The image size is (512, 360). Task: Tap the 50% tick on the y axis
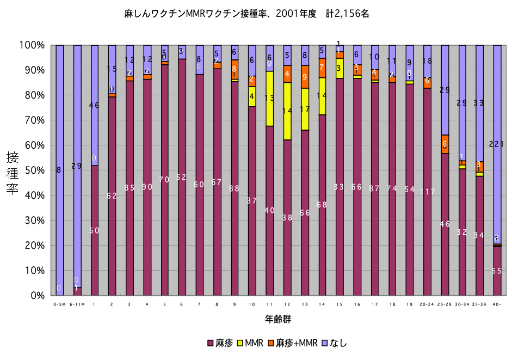33,170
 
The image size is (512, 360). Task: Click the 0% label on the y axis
35,296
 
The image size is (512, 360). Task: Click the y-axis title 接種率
13,170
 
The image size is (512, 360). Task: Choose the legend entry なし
333,343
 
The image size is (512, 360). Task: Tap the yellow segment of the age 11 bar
269,99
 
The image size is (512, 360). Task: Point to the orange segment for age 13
304,77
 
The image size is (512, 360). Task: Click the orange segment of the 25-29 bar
445,144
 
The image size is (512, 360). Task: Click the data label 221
497,144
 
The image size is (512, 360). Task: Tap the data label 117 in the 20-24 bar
427,192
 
